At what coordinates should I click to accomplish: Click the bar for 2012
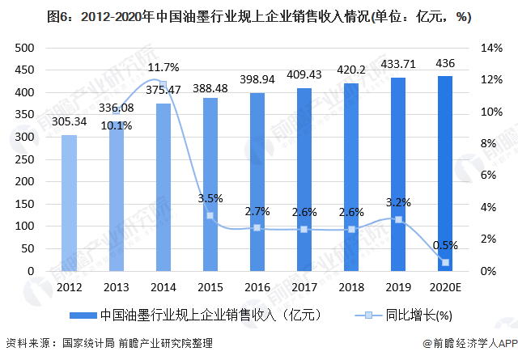(x=70, y=203)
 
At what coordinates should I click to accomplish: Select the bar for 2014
(x=163, y=188)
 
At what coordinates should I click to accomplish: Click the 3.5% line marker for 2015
(x=210, y=215)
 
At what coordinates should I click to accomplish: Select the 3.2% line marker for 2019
(x=398, y=220)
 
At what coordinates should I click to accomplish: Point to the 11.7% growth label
(x=163, y=67)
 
